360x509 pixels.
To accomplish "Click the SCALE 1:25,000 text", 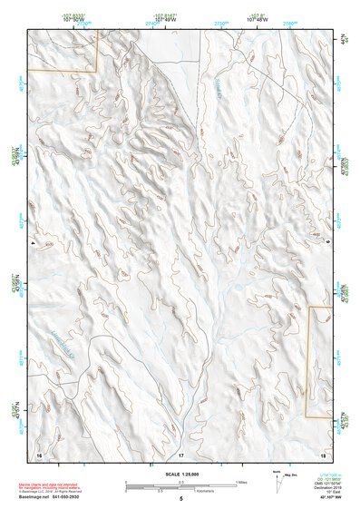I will coord(180,474).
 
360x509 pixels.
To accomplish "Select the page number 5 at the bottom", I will coord(180,498).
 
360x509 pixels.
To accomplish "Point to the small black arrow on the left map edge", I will coord(31,244).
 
